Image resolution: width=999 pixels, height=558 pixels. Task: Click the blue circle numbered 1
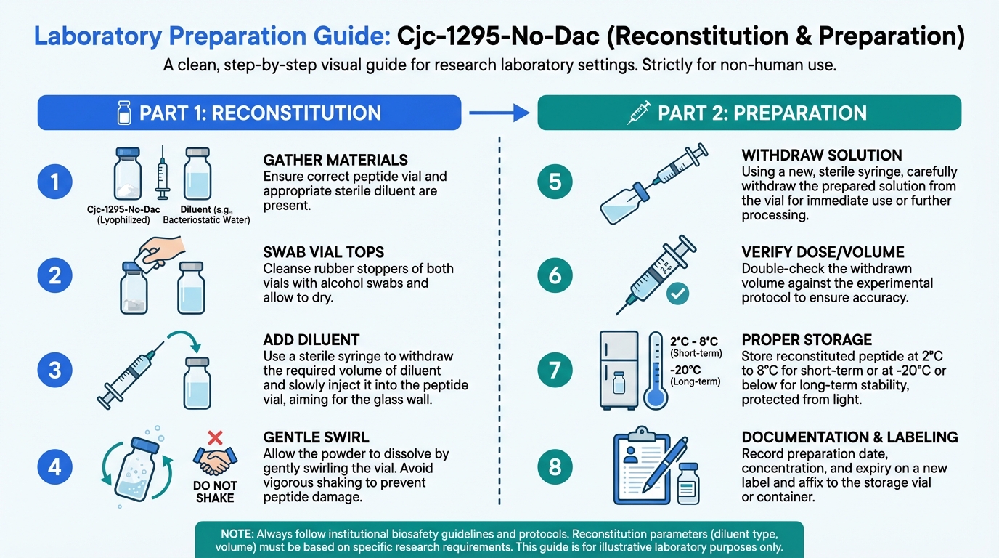[x=55, y=182]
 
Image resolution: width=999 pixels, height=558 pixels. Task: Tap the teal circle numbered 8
[x=555, y=467]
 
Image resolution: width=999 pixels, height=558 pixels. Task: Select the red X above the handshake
[x=215, y=438]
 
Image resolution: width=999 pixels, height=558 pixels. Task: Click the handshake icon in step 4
[x=215, y=461]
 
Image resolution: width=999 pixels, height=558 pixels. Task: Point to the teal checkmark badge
[x=677, y=294]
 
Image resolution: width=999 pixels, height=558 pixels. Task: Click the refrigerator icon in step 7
[x=619, y=370]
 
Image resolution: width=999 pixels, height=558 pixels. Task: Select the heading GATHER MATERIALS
[x=335, y=160]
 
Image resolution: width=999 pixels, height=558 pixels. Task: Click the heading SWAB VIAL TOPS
[x=323, y=252]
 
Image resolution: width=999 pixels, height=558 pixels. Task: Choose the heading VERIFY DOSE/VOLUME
[x=823, y=252]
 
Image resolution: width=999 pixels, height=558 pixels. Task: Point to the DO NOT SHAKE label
[x=215, y=491]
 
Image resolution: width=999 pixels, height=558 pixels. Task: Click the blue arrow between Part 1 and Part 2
[x=499, y=113]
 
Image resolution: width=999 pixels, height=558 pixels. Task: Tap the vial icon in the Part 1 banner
[x=124, y=113]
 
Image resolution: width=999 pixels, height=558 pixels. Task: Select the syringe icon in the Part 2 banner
[x=639, y=113]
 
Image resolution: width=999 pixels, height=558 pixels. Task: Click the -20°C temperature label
[x=685, y=370]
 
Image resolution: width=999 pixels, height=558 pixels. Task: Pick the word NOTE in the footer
[x=237, y=534]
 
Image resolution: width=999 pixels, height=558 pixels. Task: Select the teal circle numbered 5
[x=555, y=182]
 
